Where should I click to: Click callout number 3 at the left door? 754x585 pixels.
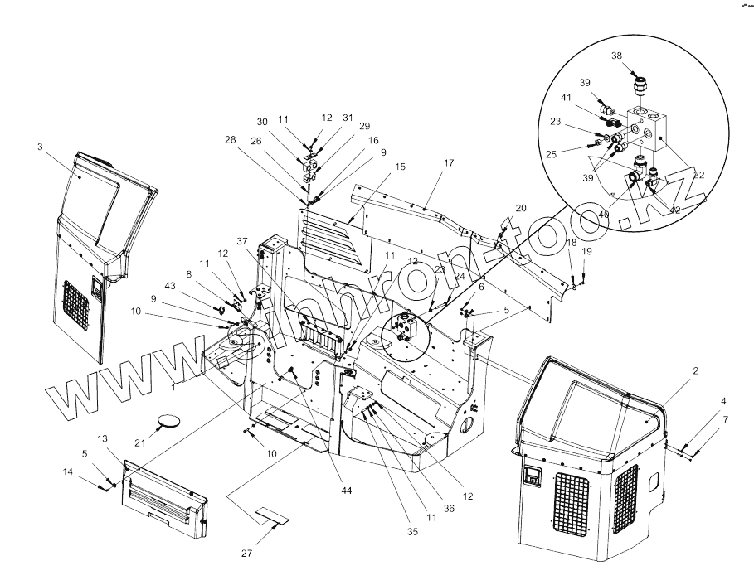[x=40, y=147]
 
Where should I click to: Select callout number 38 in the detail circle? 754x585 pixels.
[x=616, y=56]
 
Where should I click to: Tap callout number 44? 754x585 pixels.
[x=346, y=491]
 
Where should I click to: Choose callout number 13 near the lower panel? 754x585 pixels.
[x=103, y=438]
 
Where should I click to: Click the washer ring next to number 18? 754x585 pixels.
[x=574, y=287]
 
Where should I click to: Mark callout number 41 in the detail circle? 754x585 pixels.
[x=590, y=98]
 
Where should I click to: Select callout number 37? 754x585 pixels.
[x=242, y=241]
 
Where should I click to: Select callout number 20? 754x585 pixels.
[x=521, y=207]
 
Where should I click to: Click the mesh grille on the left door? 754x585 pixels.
[x=76, y=306]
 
